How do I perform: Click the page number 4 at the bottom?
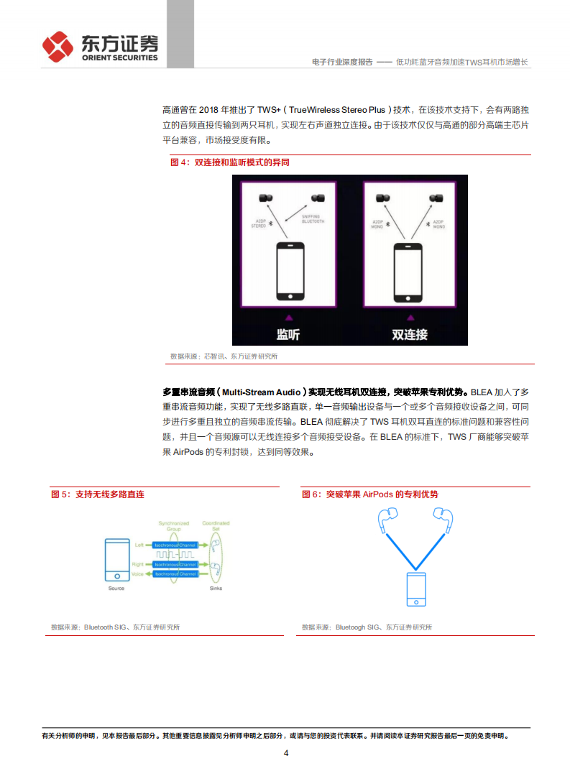pyautogui.click(x=285, y=753)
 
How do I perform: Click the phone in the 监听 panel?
pyautogui.click(x=290, y=271)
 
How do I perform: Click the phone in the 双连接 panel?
pyautogui.click(x=408, y=271)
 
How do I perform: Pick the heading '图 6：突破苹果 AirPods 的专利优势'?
pyautogui.click(x=369, y=494)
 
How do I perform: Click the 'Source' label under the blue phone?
pyautogui.click(x=116, y=588)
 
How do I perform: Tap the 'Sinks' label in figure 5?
pyautogui.click(x=216, y=588)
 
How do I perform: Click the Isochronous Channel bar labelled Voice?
pyautogui.click(x=176, y=574)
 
